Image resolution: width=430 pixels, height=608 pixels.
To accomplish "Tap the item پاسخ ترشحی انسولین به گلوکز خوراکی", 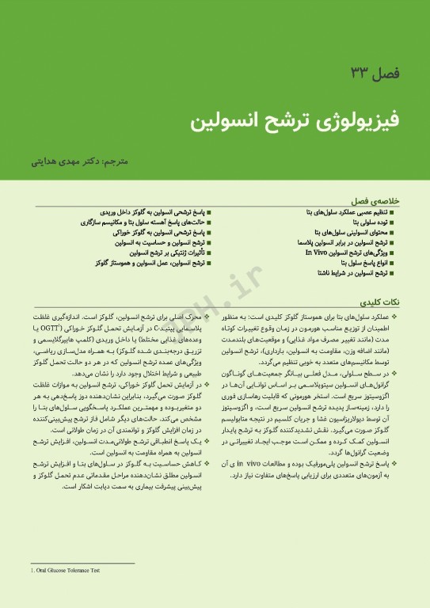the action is point(162,233).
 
